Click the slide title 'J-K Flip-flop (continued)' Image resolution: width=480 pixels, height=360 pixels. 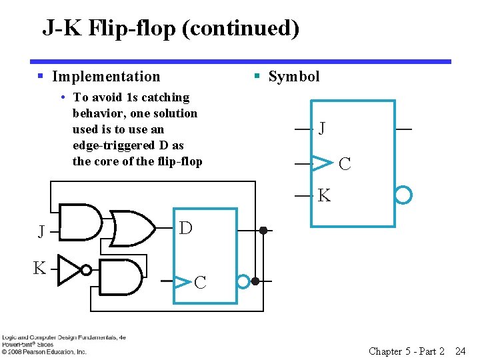click(171, 28)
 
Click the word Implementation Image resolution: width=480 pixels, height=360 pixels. click(106, 77)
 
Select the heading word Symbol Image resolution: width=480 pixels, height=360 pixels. click(294, 77)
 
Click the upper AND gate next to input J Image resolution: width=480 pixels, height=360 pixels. click(80, 221)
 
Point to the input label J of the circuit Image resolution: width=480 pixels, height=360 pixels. click(41, 232)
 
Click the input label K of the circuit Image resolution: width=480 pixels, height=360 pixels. click(40, 269)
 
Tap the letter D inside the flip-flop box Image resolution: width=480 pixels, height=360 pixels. click(186, 228)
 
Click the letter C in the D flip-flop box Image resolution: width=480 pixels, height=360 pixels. click(200, 283)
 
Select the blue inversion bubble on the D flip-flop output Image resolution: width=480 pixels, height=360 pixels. click(244, 282)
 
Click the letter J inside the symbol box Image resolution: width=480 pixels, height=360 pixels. click(322, 128)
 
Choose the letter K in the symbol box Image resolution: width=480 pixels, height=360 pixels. click(324, 196)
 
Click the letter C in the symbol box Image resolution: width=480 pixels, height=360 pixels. click(345, 163)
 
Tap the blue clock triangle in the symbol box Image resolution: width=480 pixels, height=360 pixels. click(322, 162)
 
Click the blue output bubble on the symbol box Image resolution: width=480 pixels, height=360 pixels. click(403, 195)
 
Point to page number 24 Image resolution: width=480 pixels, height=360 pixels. click(460, 351)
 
